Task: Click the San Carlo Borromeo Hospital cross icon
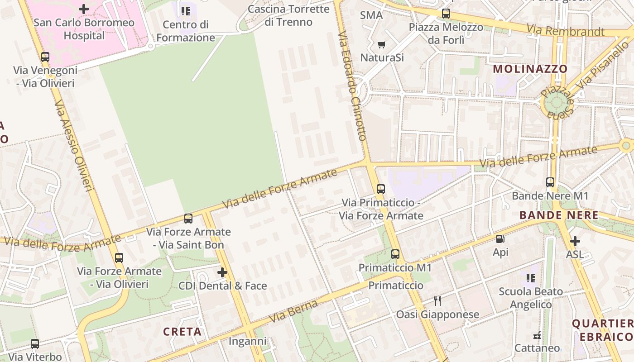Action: coord(84,9)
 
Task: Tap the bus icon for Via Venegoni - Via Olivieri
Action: coord(45,57)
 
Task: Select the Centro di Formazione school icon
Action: coord(185,11)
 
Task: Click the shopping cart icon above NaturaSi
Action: coord(381,44)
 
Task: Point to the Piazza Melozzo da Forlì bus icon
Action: coord(446,14)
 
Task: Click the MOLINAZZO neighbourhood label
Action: coord(530,69)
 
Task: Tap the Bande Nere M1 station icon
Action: coord(550,182)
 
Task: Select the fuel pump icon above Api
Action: coord(500,239)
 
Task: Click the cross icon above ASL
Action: coord(575,241)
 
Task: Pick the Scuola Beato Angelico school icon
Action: coord(531,278)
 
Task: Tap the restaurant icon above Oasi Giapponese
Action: coord(437,301)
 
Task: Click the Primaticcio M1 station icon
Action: coord(395,254)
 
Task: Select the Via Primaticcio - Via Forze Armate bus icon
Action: coord(381,189)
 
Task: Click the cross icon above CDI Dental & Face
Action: coord(222,272)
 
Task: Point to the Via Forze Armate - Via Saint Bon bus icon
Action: coord(188,219)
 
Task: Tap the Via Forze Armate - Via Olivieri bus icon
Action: coord(119,258)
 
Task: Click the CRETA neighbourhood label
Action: coord(183,332)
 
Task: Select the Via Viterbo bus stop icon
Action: coord(35,344)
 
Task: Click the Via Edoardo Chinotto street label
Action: coord(352,86)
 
